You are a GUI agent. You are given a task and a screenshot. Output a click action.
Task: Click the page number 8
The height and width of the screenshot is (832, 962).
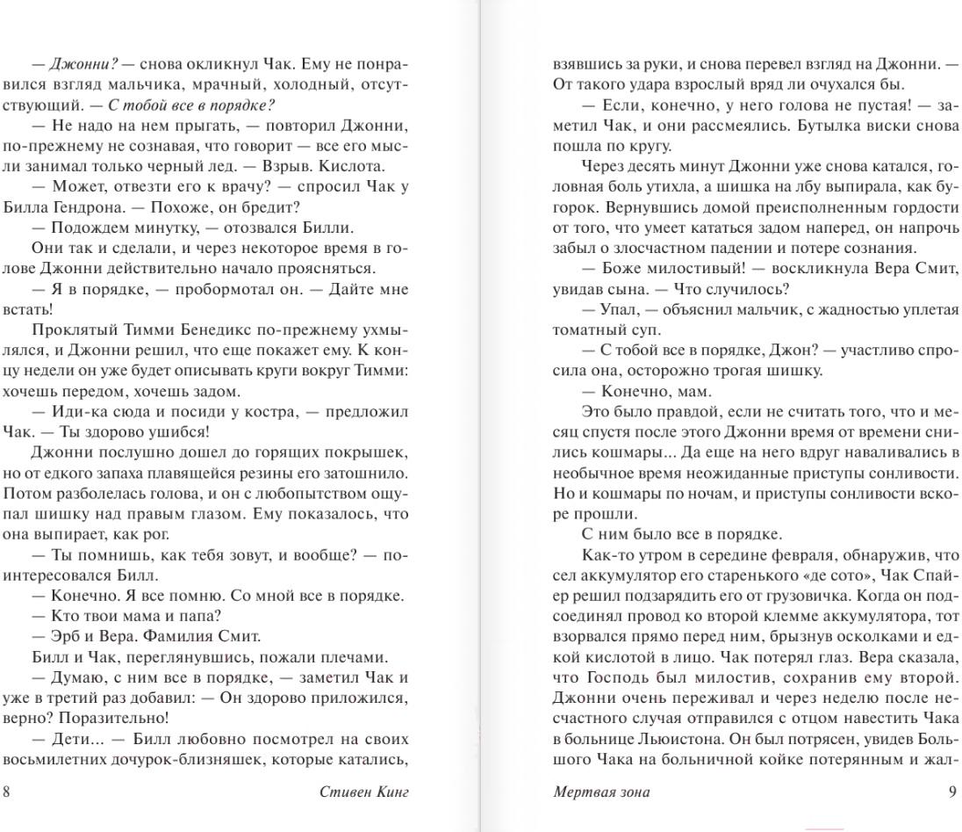(7, 792)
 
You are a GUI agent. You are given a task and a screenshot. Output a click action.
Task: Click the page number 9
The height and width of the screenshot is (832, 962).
(952, 792)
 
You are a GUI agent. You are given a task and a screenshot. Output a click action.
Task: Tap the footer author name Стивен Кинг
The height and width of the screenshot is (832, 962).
(365, 792)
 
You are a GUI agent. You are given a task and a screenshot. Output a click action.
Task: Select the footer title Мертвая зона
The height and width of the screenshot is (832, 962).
(601, 792)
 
